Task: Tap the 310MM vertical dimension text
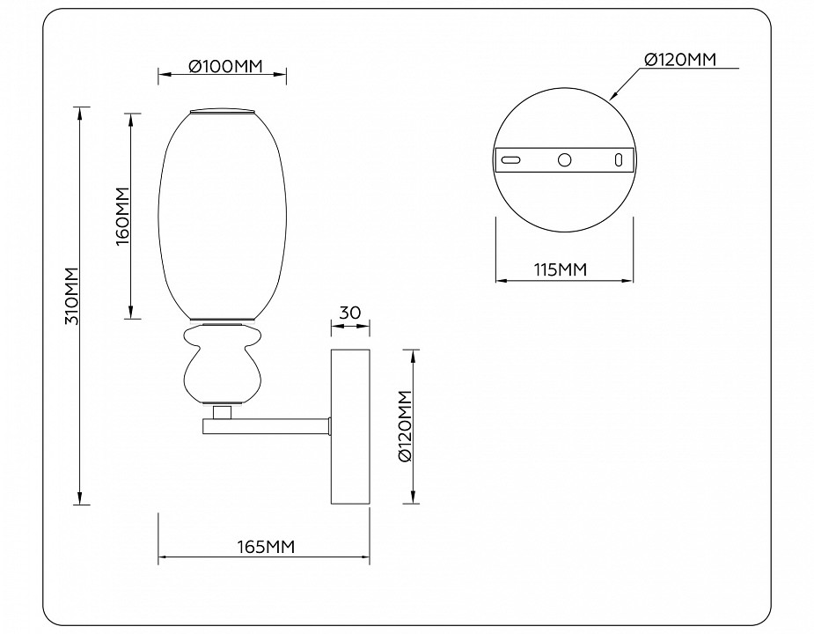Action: pyautogui.click(x=73, y=296)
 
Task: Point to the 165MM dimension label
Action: pyautogui.click(x=264, y=547)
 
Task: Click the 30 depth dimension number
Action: pyautogui.click(x=350, y=312)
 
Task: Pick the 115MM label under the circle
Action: pyautogui.click(x=560, y=270)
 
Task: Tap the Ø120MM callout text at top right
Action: pyautogui.click(x=678, y=59)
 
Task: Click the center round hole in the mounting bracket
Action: pyautogui.click(x=564, y=159)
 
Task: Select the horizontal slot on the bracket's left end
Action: pyautogui.click(x=511, y=159)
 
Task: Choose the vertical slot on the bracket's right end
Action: pyautogui.click(x=619, y=159)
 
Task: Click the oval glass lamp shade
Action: pyautogui.click(x=223, y=214)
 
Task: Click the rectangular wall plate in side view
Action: pyautogui.click(x=350, y=426)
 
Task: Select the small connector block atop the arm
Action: pyautogui.click(x=223, y=411)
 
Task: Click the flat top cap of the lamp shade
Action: pyautogui.click(x=223, y=112)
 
